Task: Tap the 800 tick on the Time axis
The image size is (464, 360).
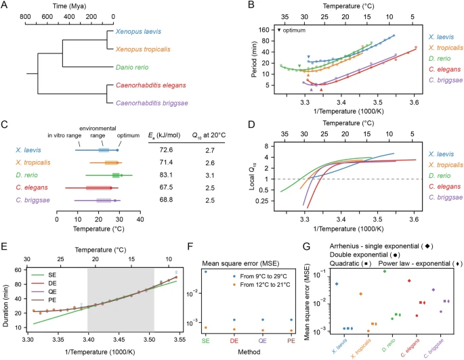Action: pos(25,20)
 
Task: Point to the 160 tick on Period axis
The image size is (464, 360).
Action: pos(268,30)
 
